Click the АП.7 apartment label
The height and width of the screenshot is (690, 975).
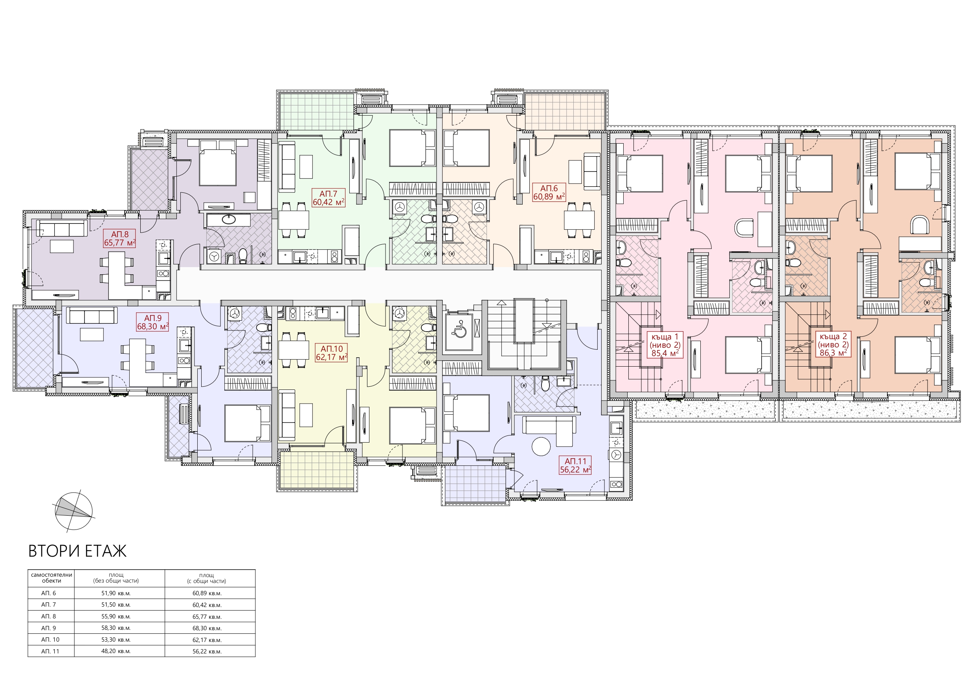[x=328, y=198]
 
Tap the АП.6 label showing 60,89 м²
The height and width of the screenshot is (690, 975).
[x=549, y=192]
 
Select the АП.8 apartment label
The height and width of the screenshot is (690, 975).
[x=120, y=238]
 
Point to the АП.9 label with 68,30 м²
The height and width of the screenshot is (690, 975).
[x=152, y=322]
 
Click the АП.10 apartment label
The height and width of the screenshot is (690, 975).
[x=331, y=353]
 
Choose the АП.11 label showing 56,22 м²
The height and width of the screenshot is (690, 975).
[x=575, y=465]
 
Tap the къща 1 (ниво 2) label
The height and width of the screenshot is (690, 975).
[x=665, y=344]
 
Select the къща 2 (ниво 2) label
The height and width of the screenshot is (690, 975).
[x=833, y=344]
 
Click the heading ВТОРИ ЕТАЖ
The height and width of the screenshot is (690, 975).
[x=77, y=551]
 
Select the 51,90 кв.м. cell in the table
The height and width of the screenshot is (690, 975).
[x=116, y=593]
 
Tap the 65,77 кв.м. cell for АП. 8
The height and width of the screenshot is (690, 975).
[x=207, y=616]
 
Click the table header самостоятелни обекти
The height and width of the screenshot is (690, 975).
[x=51, y=577]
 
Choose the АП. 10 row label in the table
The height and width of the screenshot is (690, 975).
[x=50, y=639]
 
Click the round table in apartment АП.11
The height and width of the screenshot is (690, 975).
[x=541, y=446]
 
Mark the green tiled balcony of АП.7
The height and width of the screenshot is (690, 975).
[x=317, y=111]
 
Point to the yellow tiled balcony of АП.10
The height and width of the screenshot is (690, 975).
[x=317, y=470]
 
